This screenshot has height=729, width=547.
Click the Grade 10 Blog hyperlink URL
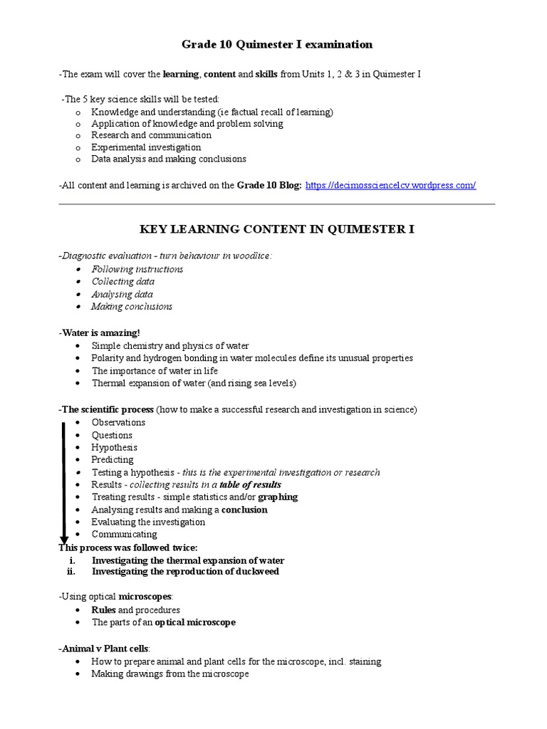390,185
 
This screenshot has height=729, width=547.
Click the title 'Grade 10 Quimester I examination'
277,44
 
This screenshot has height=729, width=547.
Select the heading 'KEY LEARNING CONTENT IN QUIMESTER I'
276,229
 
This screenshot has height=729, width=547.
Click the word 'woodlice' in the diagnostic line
253,256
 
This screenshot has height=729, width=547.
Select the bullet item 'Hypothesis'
114,447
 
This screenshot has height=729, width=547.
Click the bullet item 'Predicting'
112,459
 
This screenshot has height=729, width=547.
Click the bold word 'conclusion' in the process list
244,510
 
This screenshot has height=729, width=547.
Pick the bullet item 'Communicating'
124,534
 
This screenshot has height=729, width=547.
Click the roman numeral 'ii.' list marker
71,571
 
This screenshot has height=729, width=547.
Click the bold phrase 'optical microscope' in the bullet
195,622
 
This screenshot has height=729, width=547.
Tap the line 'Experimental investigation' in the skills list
146,147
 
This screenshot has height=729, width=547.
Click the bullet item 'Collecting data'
123,281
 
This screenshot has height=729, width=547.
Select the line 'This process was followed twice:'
127,547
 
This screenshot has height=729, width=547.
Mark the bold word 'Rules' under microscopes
103,610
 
